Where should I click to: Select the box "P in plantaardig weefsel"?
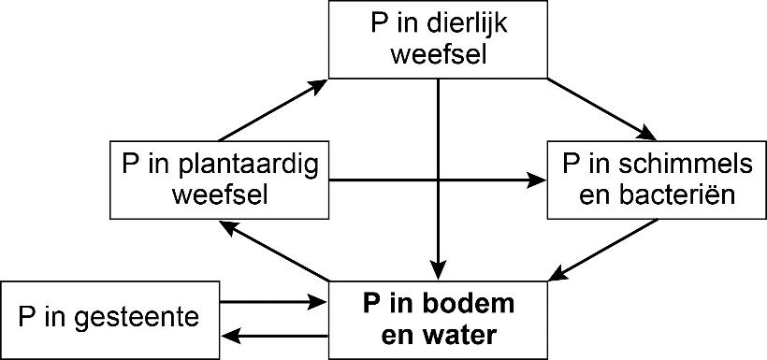(220, 180)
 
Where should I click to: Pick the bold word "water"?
(455, 334)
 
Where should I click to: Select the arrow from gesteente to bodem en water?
(272, 302)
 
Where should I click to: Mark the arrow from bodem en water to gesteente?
(272, 334)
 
